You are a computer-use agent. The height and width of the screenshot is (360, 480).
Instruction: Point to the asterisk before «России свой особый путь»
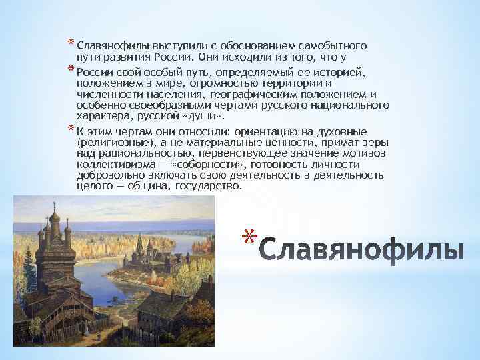[x=70, y=70]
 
